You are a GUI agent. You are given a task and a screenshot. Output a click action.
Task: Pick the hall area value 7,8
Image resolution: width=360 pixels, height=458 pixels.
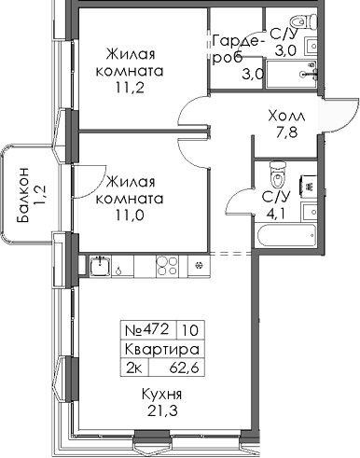pos(284,132)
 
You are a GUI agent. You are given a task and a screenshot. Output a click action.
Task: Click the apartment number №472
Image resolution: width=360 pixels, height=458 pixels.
pos(145,329)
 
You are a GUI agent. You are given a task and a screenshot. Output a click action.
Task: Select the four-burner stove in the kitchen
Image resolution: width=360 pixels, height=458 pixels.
pos(167,267)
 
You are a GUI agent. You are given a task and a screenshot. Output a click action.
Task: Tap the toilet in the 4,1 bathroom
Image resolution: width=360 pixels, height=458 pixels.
pos(276,173)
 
